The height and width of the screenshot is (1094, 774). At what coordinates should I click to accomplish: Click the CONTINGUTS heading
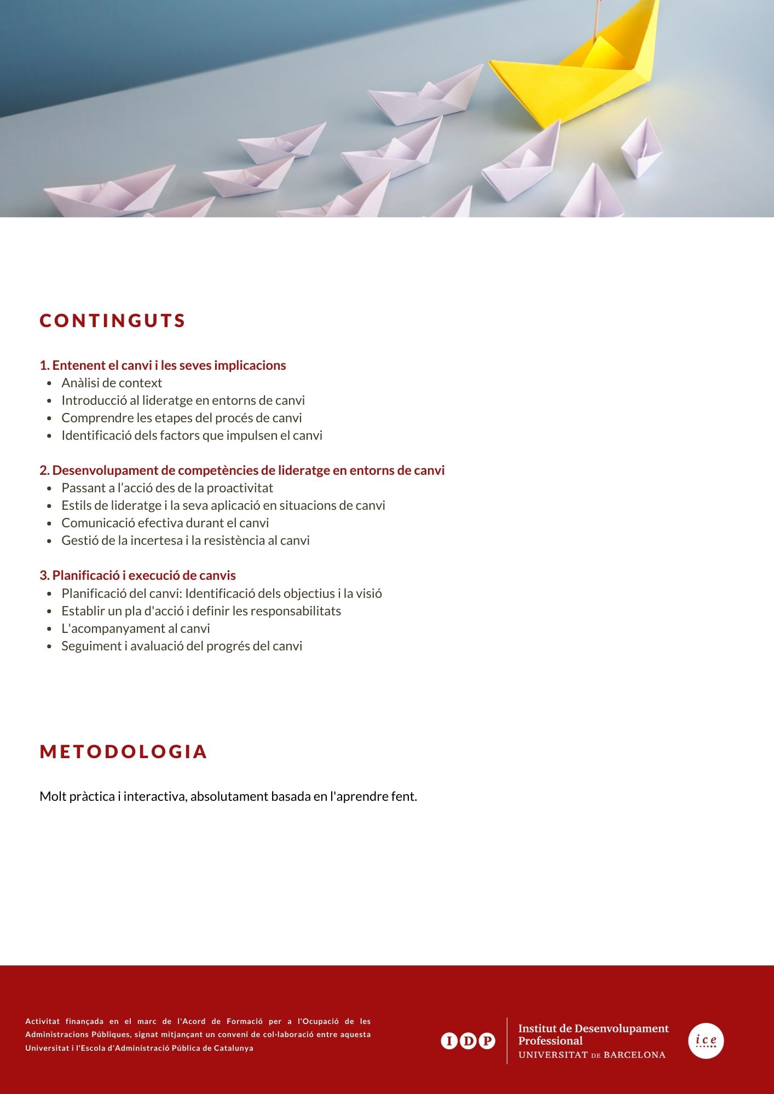click(113, 321)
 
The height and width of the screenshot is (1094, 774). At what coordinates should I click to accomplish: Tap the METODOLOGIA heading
click(123, 752)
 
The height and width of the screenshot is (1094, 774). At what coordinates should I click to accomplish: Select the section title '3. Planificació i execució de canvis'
click(137, 575)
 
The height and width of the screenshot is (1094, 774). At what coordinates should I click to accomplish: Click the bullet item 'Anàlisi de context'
click(112, 383)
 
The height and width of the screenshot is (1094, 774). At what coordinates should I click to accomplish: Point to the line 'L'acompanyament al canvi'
click(136, 629)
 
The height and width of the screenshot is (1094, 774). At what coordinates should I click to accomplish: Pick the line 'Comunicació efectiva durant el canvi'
click(165, 523)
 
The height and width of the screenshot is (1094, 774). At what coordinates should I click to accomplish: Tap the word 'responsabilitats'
click(296, 611)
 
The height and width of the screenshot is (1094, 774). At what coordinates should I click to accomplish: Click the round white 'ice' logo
click(706, 1040)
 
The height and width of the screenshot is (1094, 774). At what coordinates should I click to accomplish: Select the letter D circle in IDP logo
click(468, 1041)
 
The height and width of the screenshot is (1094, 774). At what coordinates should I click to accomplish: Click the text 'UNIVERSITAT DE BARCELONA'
click(592, 1055)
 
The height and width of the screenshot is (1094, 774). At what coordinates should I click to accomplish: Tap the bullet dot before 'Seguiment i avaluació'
click(49, 647)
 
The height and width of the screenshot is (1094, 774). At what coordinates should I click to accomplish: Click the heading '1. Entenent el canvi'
click(163, 365)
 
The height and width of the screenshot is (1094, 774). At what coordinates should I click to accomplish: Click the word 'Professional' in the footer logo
click(550, 1041)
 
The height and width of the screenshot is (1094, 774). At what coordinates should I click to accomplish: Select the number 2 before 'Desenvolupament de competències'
click(44, 470)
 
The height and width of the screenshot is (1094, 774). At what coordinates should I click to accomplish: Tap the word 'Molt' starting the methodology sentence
click(53, 796)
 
